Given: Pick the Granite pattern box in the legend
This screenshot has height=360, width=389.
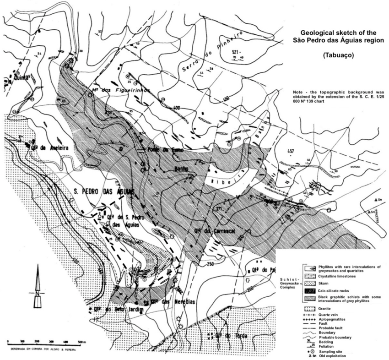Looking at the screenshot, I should click(x=310, y=310).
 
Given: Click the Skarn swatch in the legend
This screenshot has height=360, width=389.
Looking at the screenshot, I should click(x=310, y=283).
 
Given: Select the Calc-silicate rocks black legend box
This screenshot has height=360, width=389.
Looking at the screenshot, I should click(x=310, y=291).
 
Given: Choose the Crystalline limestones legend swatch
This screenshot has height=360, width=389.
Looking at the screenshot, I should click(x=310, y=277).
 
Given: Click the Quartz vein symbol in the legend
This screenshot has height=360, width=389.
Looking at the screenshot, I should click(x=310, y=316).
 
